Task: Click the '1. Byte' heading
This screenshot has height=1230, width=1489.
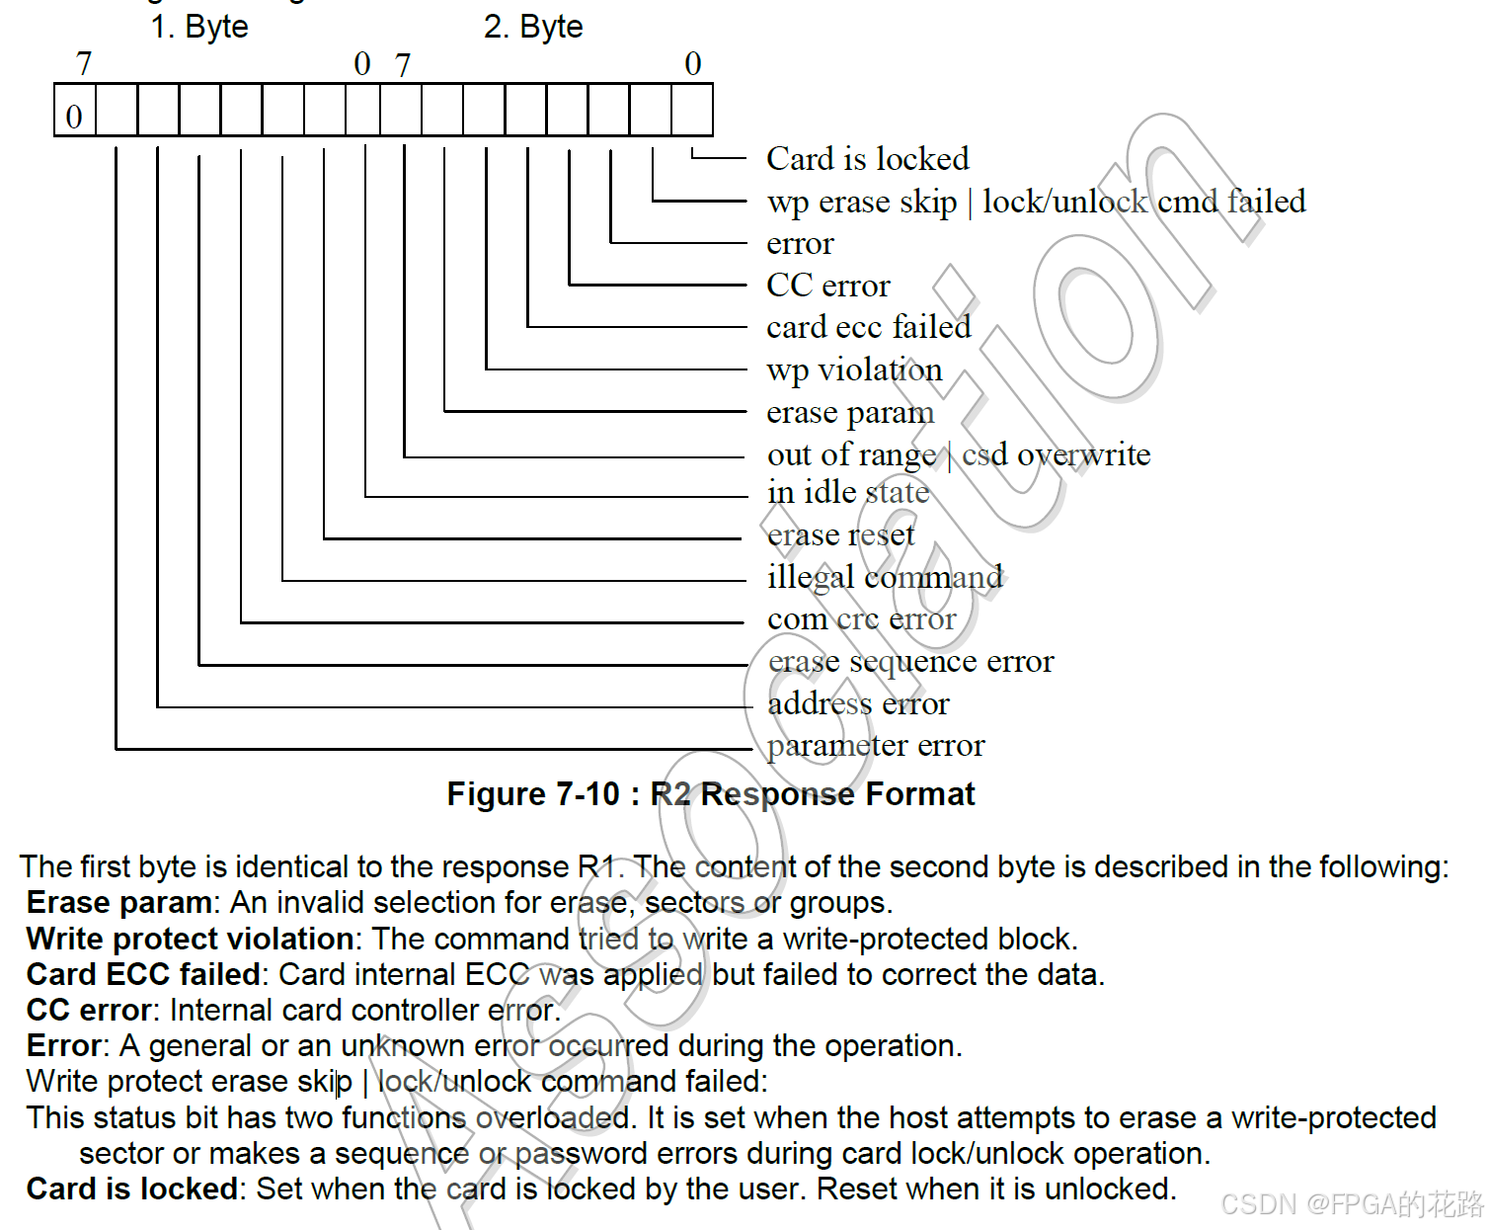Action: (x=198, y=27)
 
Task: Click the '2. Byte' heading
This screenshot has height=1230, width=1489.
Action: (x=533, y=27)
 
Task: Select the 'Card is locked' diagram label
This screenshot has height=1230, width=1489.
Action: (x=867, y=159)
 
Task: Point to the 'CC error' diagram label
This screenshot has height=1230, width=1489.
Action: (x=827, y=286)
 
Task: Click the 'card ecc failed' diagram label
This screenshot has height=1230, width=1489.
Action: (x=868, y=327)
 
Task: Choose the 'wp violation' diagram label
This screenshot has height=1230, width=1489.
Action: (x=854, y=369)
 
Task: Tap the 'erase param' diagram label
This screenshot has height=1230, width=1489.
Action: (x=849, y=412)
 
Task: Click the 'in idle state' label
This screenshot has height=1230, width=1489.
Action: (x=847, y=492)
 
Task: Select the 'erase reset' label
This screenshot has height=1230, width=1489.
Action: (x=840, y=534)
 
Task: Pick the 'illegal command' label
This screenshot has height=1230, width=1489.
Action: (x=885, y=577)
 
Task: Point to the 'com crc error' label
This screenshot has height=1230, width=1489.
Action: (x=861, y=619)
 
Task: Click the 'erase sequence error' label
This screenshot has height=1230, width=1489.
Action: (x=910, y=661)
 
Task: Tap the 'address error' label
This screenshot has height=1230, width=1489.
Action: (x=858, y=703)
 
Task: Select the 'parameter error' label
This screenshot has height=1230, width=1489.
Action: (x=876, y=746)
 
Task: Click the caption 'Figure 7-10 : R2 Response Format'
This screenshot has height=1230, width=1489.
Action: (x=710, y=794)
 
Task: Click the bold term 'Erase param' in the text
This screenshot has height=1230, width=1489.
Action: (x=118, y=903)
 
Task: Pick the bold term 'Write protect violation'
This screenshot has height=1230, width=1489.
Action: (x=190, y=939)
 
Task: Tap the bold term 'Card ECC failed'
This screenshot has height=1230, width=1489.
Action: (x=143, y=974)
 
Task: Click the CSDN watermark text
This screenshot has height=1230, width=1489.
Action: (x=1351, y=1204)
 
